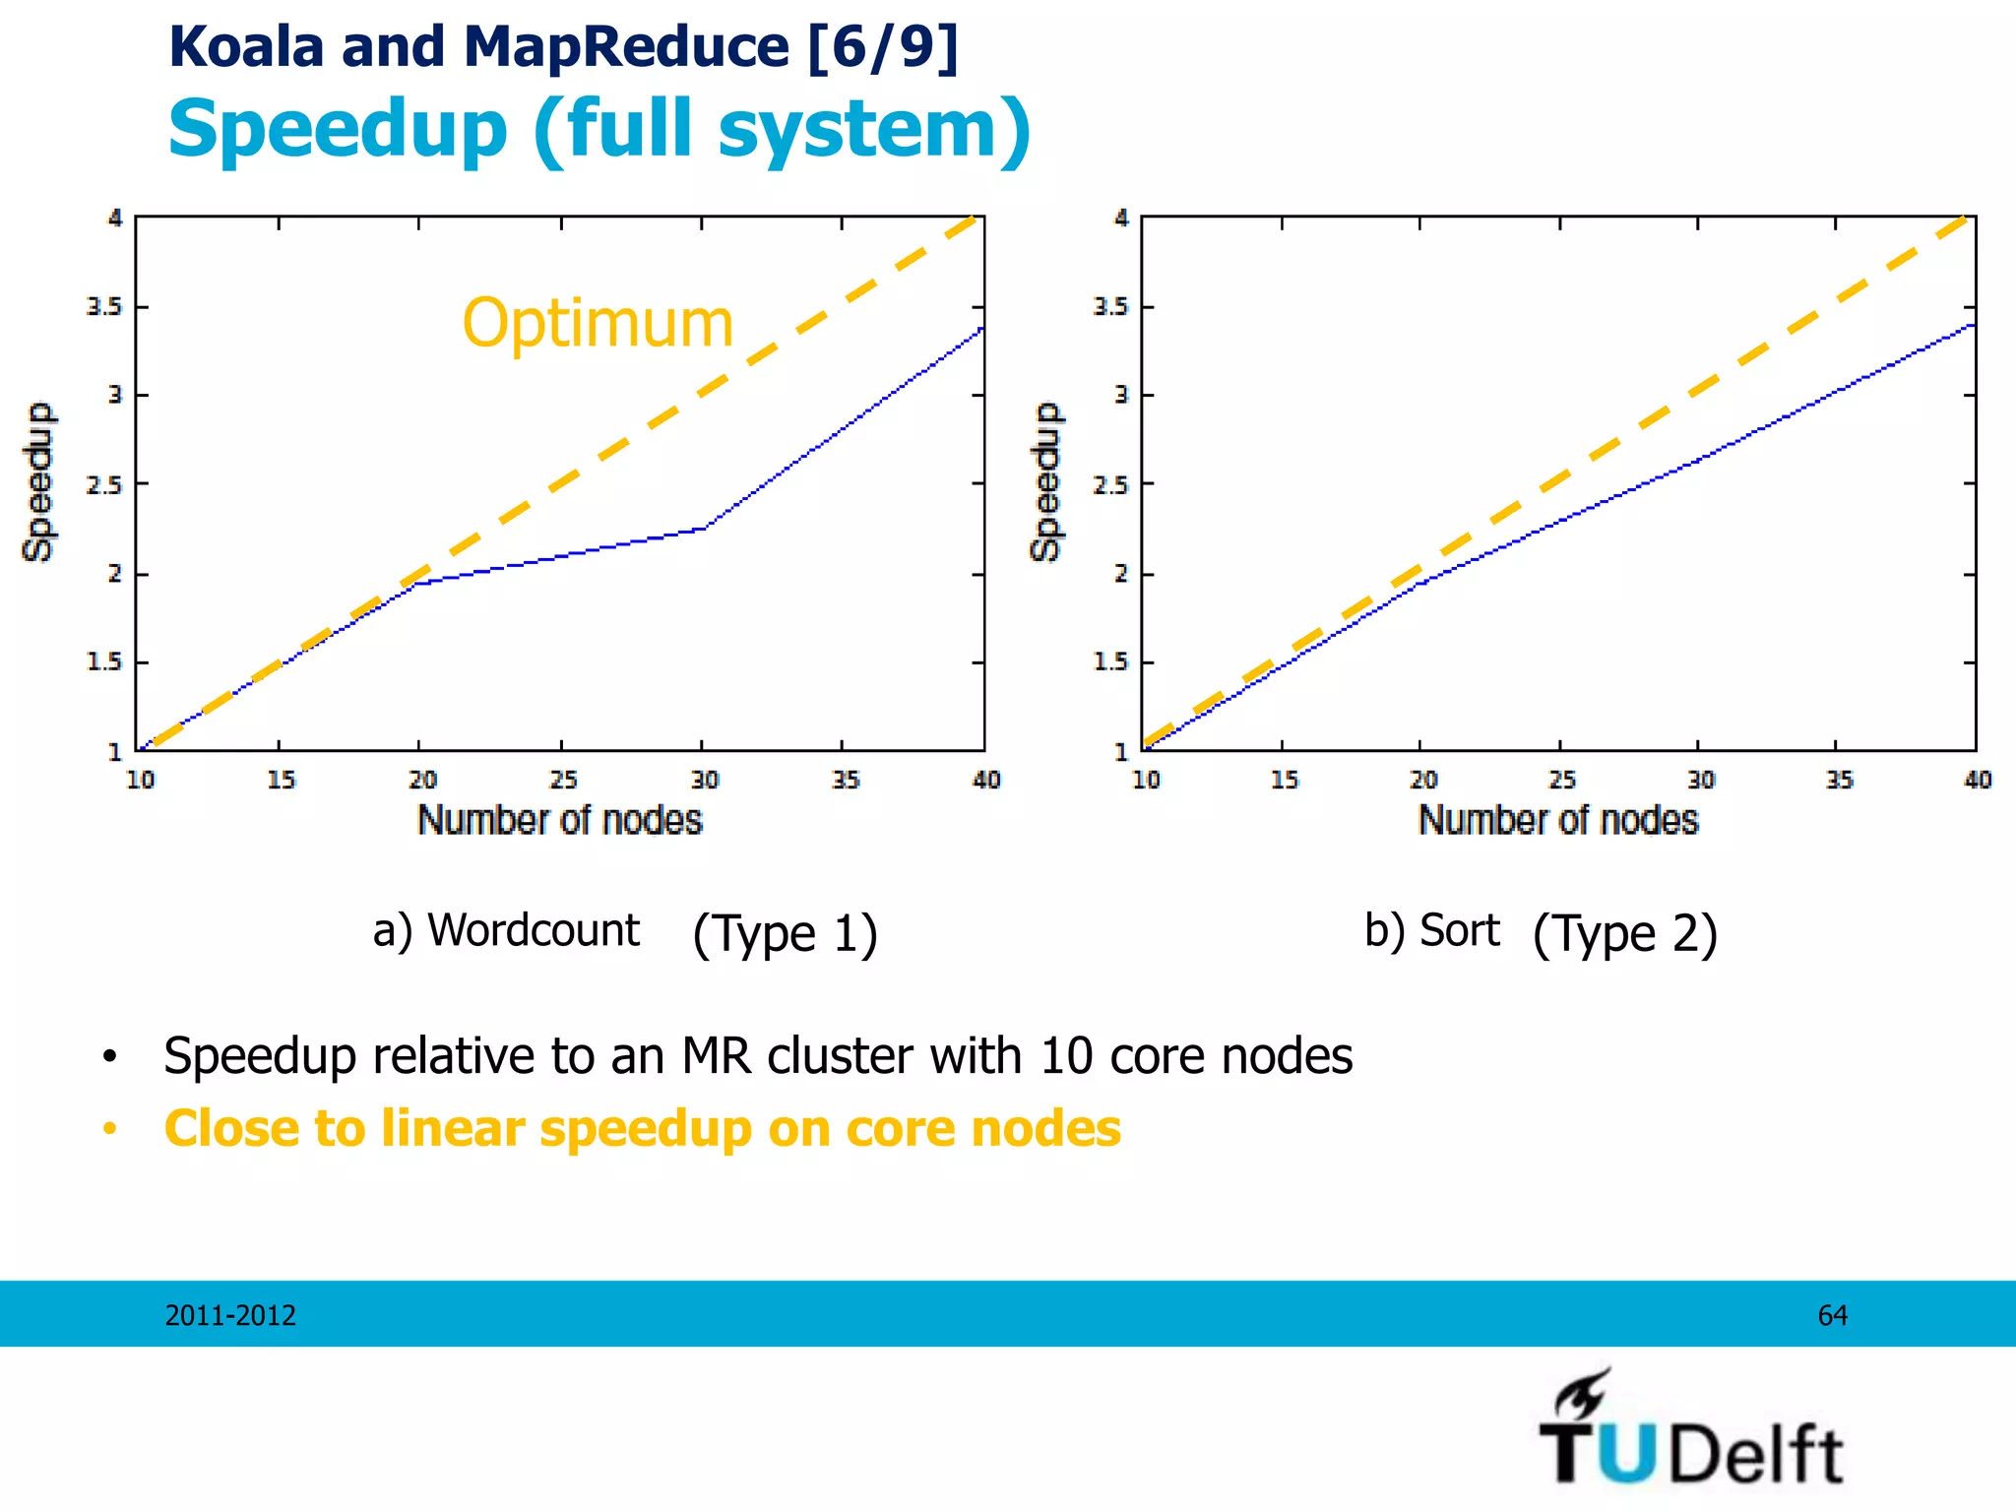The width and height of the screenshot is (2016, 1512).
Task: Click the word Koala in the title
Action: (246, 46)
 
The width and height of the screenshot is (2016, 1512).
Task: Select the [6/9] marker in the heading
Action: (882, 46)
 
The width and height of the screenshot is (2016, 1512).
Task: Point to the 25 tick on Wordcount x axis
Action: (563, 781)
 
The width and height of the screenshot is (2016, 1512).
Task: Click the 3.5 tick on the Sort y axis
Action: (1109, 307)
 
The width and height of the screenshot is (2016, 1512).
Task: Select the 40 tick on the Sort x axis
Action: (1977, 781)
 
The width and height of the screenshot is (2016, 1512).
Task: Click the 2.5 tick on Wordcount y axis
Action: (103, 485)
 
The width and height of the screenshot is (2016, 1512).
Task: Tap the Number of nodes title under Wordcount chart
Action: (559, 820)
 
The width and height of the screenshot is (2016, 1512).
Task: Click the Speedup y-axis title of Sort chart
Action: (1045, 481)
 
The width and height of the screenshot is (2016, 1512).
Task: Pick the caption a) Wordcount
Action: (506, 930)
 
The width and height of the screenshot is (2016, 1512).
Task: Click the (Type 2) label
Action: (1624, 933)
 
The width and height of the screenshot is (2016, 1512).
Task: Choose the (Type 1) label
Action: (785, 933)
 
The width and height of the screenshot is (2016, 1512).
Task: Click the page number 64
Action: (1832, 1315)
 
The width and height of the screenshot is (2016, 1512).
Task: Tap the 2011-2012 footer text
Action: (230, 1315)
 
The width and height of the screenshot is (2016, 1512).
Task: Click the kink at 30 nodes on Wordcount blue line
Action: (703, 529)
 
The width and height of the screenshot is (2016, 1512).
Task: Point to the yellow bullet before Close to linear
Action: (110, 1129)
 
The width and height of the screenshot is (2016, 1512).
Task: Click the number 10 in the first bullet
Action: (1066, 1056)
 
